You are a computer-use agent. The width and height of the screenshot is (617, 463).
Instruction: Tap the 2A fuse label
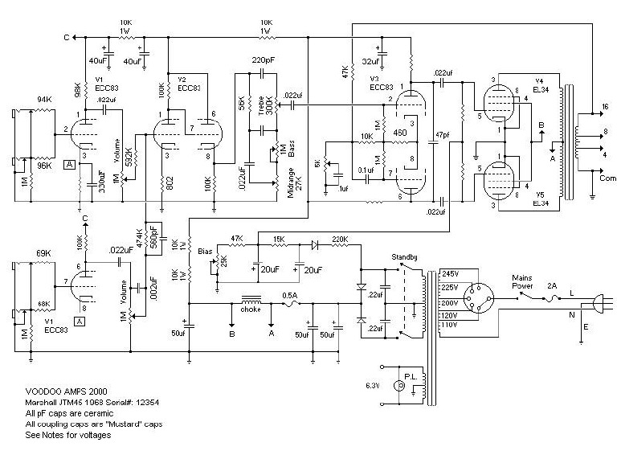(550, 284)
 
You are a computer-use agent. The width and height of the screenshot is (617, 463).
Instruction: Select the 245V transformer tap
(451, 274)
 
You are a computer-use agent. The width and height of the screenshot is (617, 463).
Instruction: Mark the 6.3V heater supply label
(371, 386)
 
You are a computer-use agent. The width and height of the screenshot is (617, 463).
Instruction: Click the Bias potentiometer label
(206, 252)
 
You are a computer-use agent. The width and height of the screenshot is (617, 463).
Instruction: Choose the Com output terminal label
(606, 178)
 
